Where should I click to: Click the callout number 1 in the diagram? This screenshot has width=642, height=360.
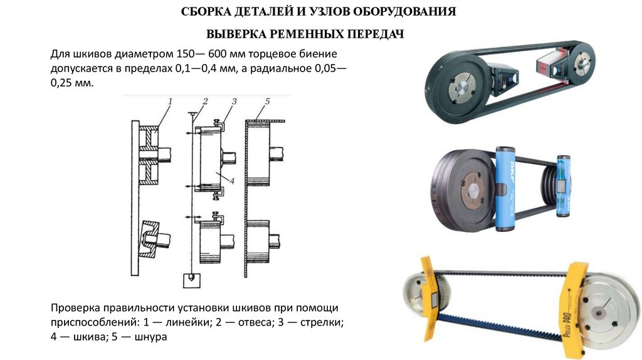point(170,101)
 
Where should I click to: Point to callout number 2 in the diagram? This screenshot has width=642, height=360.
point(205,101)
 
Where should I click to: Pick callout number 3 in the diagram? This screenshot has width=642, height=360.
point(234,101)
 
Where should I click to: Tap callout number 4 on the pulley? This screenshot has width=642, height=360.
point(232,181)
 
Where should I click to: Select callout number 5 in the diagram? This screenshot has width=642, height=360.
point(267,101)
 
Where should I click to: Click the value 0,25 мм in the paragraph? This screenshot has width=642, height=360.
point(72,83)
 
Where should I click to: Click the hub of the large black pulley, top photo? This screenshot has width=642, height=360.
point(463,88)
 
